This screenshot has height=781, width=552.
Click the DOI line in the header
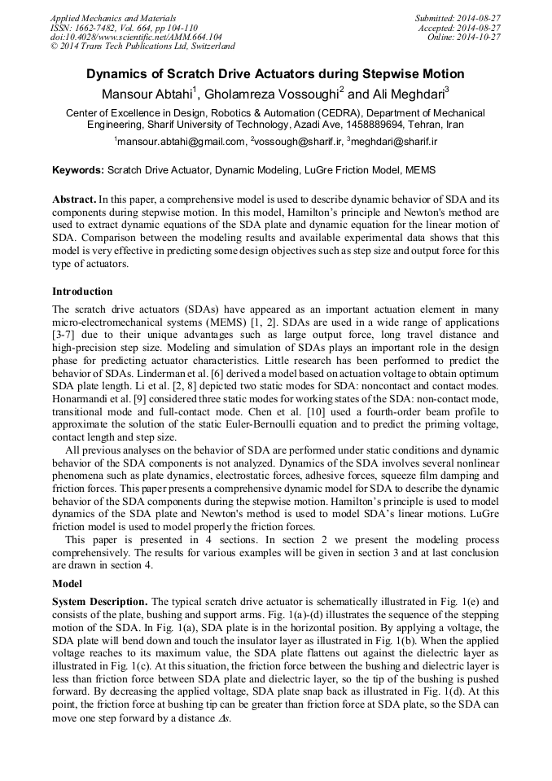[136, 37]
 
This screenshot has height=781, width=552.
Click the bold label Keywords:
[78, 170]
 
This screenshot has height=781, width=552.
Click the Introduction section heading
[82, 292]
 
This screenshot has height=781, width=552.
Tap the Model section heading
[68, 584]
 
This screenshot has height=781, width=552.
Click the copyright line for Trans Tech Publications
[142, 46]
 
